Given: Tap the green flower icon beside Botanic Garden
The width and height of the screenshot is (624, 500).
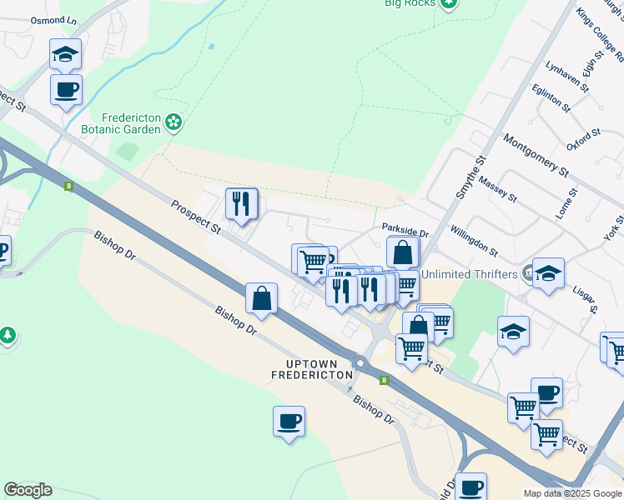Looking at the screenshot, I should coord(174,123).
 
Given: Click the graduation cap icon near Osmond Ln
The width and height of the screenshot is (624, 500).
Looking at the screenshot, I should coord(65,55).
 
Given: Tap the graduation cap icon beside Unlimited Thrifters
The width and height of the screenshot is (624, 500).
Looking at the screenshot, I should coord(547,274).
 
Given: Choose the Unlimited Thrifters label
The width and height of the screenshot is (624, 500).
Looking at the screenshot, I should coord(471,274).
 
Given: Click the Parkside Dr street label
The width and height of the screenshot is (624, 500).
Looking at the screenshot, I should coord(405,227).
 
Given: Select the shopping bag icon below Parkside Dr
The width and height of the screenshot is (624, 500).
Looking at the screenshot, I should coord(402,252).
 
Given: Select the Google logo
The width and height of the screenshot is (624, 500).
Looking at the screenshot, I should coord(28,490).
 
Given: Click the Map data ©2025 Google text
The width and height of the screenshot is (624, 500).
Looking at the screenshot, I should coord(572,493).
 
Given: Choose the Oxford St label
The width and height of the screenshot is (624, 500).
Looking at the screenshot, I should coord(584,139).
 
